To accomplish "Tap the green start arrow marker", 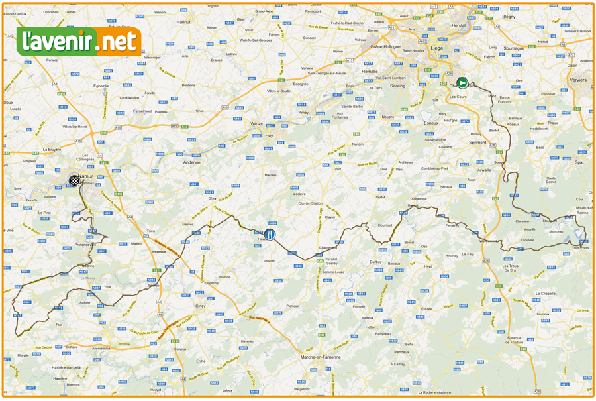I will point(463,83).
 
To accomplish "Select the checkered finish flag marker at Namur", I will point(74,180).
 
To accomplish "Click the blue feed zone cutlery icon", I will point(270,235).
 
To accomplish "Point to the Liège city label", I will point(436,48).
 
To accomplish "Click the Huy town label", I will point(269,135).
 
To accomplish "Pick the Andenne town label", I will point(192,162).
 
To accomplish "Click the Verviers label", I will point(577,80).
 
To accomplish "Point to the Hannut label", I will point(183,22).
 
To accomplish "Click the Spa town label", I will point(578,162).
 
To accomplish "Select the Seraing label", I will point(397,86).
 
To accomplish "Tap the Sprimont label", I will point(477,143).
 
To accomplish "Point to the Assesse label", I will point(159,252).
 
